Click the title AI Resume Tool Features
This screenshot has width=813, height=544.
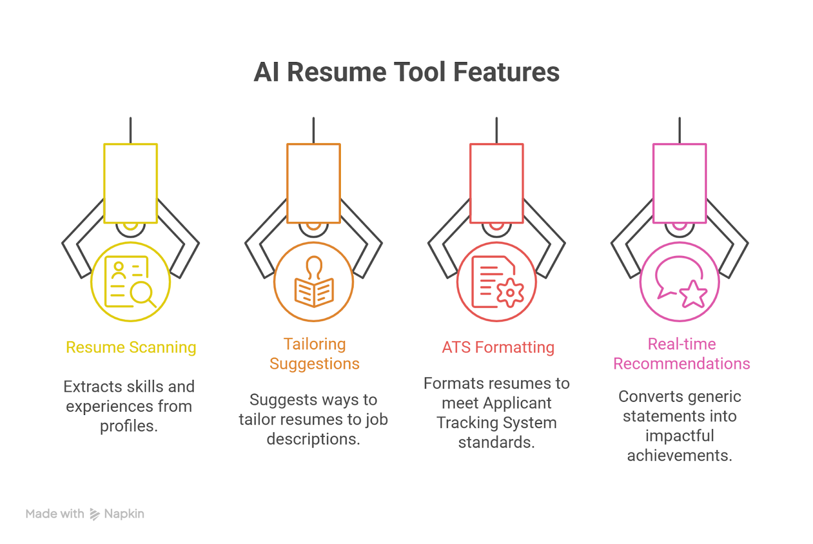(x=407, y=72)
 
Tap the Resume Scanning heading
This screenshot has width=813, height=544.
(x=131, y=347)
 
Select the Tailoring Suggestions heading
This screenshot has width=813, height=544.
(x=315, y=354)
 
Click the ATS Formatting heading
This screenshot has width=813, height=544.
(x=498, y=347)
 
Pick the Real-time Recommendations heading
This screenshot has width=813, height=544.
(x=681, y=354)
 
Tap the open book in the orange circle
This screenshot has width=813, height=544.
(x=315, y=293)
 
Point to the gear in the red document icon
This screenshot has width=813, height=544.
(x=510, y=293)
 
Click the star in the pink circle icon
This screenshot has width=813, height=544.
(x=693, y=294)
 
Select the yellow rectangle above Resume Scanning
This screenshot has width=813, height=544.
(x=131, y=183)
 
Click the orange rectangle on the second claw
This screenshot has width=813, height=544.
(x=314, y=183)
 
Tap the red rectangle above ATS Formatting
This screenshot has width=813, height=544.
(x=496, y=183)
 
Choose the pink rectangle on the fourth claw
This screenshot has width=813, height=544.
(x=679, y=183)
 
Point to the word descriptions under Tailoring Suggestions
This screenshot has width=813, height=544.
(x=314, y=439)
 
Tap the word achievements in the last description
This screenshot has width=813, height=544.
(x=680, y=456)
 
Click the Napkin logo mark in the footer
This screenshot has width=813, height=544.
(x=95, y=514)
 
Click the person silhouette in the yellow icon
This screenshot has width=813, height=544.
(x=118, y=271)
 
